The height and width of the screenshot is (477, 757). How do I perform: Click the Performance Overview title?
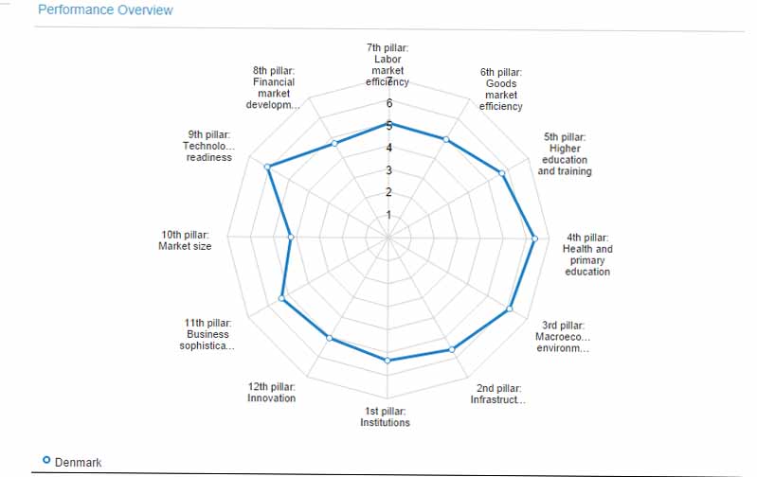pos(105,10)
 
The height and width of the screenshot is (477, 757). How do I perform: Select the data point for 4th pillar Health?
pos(535,238)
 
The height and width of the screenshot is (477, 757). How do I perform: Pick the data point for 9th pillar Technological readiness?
pos(268,168)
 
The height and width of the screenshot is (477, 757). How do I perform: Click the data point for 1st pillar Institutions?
pos(388,361)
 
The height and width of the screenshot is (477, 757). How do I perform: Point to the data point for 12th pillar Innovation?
pos(330,338)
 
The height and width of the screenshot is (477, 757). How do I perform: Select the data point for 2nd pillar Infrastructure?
pos(452,349)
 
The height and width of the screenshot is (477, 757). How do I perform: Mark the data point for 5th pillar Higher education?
pos(502,172)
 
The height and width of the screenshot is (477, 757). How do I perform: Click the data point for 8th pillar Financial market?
pos(333,144)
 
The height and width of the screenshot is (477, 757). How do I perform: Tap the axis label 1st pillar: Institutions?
pos(385,416)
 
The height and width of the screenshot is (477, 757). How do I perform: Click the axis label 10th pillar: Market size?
pos(185,240)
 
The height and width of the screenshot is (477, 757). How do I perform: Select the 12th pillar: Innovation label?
pos(271,392)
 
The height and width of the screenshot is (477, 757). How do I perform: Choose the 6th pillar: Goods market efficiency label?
pos(500,89)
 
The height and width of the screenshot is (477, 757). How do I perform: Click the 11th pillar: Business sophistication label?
pos(207,334)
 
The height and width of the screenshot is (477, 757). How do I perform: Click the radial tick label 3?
pos(388,170)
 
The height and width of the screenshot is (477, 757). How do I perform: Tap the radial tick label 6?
pos(388,103)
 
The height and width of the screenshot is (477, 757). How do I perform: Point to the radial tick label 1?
pos(388,215)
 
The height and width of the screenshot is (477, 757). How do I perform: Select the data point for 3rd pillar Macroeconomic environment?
pos(511,309)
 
